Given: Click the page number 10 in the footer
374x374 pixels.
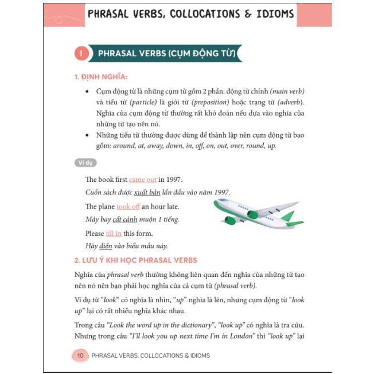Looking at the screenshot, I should (x=80, y=356).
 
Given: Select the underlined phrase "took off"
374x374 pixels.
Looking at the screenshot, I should (x=128, y=207).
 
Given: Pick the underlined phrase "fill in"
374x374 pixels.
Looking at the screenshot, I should (x=114, y=233).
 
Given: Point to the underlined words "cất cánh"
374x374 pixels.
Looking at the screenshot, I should (x=125, y=220).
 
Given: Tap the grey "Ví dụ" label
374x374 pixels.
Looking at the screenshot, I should (x=85, y=163).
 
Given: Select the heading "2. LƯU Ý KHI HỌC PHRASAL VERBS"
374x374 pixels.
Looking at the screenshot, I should (x=135, y=260).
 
